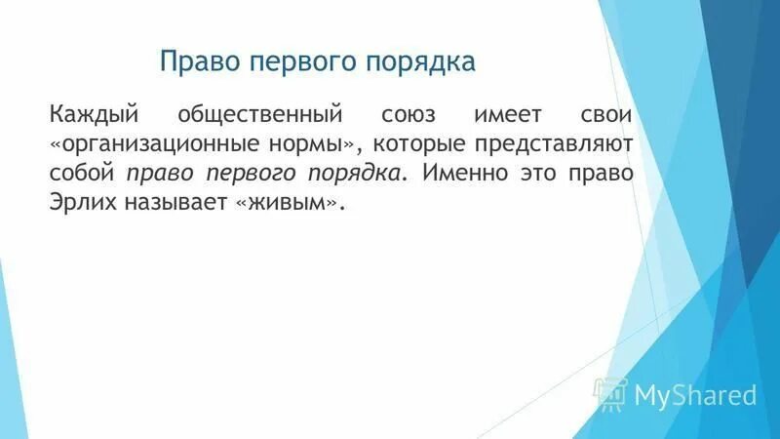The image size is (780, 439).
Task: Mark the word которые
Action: click(420, 144)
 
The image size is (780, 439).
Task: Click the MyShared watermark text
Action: click(695, 395)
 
